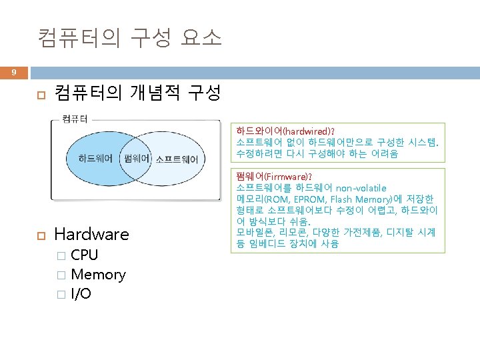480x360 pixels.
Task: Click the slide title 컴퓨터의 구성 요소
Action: [129, 37]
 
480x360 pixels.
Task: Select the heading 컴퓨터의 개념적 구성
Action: [137, 93]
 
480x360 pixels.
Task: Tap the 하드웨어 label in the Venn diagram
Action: [95, 159]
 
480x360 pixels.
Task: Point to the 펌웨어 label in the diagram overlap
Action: [137, 159]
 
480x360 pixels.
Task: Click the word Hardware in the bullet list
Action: [91, 234]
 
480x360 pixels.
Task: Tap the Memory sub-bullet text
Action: [98, 274]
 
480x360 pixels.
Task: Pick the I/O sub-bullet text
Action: [82, 294]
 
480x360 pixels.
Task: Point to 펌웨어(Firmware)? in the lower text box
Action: [273, 177]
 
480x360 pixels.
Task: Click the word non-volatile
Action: [361, 188]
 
